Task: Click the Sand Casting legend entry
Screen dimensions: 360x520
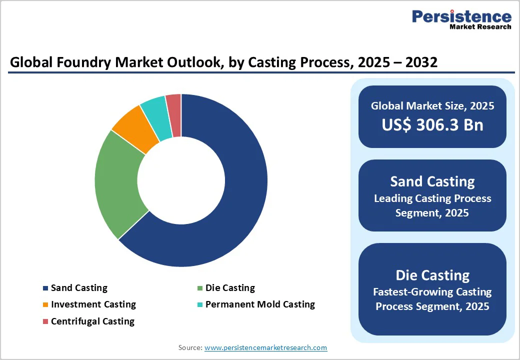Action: pyautogui.click(x=79, y=288)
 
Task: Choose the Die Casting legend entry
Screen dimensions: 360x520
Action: pyautogui.click(x=230, y=288)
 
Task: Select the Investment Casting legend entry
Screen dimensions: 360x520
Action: pyautogui.click(x=93, y=304)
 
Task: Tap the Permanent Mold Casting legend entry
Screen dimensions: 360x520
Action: pyautogui.click(x=260, y=304)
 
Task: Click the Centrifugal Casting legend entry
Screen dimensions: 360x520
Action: pyautogui.click(x=92, y=321)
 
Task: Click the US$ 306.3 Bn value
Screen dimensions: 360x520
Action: pyautogui.click(x=432, y=124)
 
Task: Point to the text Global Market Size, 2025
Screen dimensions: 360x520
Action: pyautogui.click(x=432, y=106)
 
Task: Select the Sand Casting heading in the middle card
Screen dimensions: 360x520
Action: pyautogui.click(x=432, y=181)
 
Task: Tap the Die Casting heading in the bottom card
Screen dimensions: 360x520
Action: pyautogui.click(x=432, y=275)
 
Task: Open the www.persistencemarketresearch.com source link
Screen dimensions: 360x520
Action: pyautogui.click(x=265, y=347)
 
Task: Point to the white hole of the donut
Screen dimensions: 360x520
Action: pyautogui.click(x=181, y=180)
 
